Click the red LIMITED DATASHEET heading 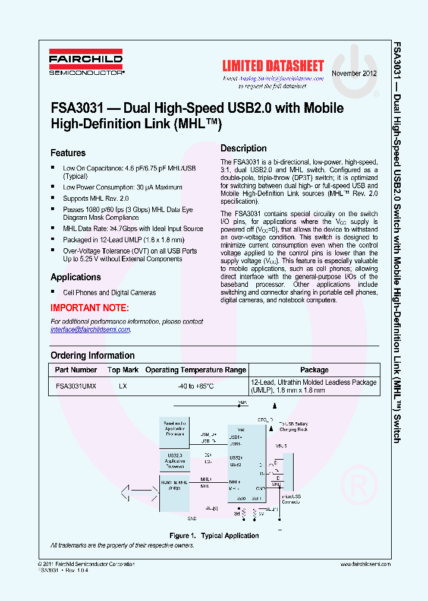(273, 66)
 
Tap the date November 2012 (354, 74)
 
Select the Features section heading (68, 153)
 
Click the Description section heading (243, 148)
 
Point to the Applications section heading (75, 277)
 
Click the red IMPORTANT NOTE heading (89, 308)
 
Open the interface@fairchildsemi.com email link (90, 330)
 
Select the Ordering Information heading (92, 355)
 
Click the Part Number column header (75, 369)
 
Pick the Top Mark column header (123, 369)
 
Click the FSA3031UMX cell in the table (75, 385)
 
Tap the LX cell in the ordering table (123, 385)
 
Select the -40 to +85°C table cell (196, 385)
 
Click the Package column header (314, 369)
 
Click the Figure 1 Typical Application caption (214, 536)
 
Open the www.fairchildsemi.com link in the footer (366, 564)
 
